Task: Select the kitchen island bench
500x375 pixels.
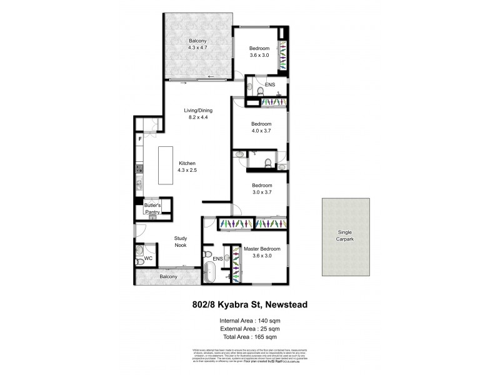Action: [x=165, y=165]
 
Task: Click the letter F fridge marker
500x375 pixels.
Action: [x=140, y=138]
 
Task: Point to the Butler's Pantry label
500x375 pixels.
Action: [x=153, y=209]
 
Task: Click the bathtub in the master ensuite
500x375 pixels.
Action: [x=211, y=273]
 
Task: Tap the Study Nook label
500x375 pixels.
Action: [x=181, y=241]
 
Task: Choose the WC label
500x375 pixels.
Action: [x=149, y=258]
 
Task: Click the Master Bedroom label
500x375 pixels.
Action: [x=262, y=248]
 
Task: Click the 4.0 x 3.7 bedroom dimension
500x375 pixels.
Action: [x=262, y=131]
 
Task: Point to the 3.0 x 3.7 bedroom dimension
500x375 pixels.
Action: [x=262, y=192]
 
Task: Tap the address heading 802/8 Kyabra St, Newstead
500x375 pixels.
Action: [x=249, y=305]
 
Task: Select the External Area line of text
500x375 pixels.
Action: [x=249, y=328]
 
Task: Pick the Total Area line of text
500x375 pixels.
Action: [x=249, y=336]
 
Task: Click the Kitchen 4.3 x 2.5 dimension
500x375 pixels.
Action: [x=187, y=170]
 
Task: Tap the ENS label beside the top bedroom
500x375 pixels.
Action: [x=269, y=84]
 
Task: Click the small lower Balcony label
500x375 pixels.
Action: [x=167, y=276]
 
